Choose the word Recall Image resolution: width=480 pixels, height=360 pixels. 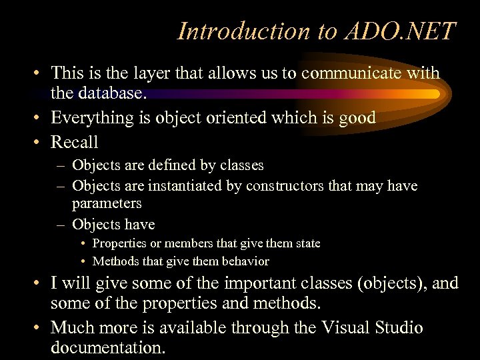74,142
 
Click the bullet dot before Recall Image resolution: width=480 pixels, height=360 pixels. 39,142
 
